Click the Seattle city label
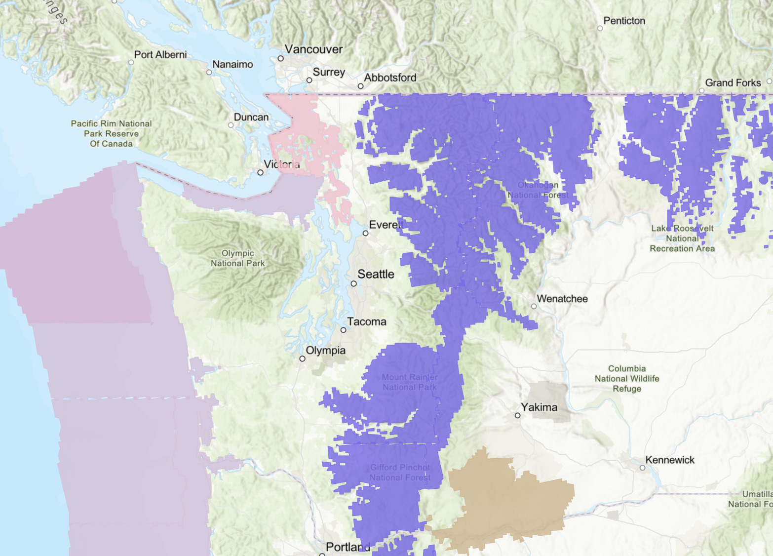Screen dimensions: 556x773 point(376,274)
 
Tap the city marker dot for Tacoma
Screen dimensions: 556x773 point(344,330)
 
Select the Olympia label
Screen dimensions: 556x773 point(325,351)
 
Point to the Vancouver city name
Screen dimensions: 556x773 point(313,49)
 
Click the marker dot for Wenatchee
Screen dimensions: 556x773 point(534,306)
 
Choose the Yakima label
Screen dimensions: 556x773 point(539,407)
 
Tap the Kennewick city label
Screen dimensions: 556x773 point(669,460)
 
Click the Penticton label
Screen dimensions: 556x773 point(624,21)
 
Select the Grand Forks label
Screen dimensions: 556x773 point(733,83)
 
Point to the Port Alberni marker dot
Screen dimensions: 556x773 point(131,62)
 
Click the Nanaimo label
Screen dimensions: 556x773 point(232,64)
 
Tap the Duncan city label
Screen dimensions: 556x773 point(251,117)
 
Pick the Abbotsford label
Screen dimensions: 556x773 point(390,78)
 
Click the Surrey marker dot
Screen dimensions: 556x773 point(309,80)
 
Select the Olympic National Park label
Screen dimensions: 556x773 point(237,258)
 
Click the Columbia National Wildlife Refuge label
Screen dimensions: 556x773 point(626,379)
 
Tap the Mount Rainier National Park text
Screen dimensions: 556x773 point(409,382)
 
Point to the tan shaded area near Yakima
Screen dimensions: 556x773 point(508,499)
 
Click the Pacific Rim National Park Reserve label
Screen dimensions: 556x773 point(111,134)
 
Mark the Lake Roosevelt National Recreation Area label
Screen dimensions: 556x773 point(682,238)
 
